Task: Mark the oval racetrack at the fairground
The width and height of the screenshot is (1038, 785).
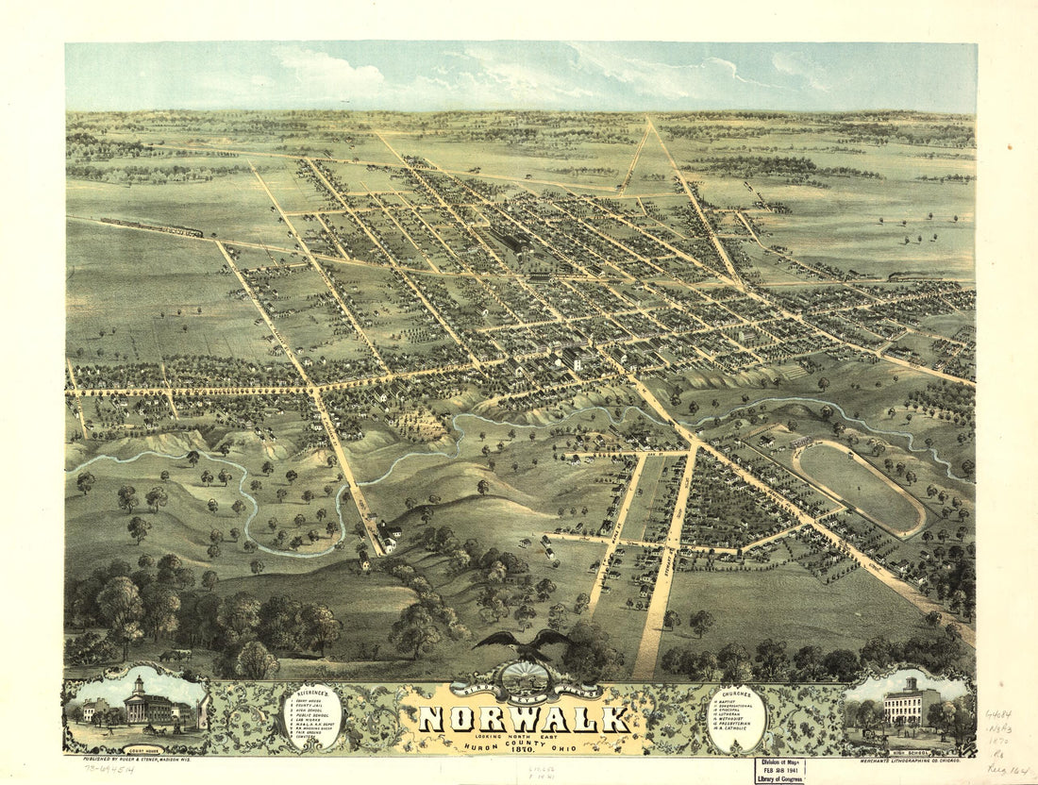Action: point(858,487)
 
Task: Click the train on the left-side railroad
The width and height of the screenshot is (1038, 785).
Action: point(151,227)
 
